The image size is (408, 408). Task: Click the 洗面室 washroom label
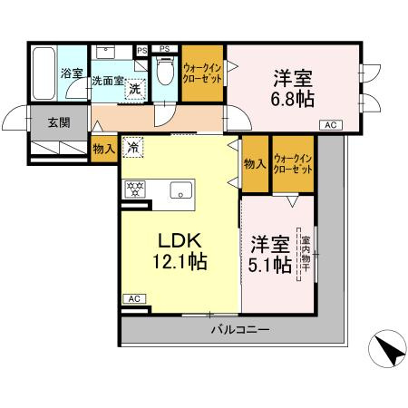108,81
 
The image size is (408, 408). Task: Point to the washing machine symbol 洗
133,89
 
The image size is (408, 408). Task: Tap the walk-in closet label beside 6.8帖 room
202,71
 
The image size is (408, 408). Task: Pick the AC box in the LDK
132,298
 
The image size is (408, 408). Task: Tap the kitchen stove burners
134,190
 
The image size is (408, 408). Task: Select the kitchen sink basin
180,190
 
